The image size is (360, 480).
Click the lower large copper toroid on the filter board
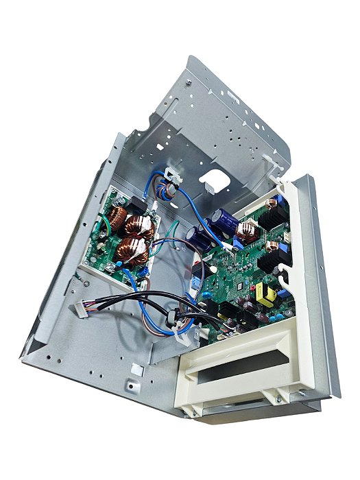134,250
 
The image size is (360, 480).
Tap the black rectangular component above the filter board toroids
137,203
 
